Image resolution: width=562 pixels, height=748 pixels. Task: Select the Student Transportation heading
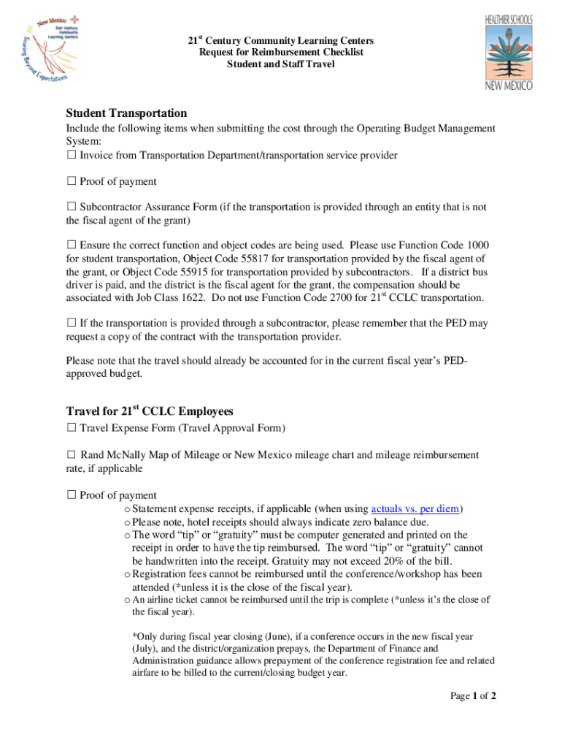tap(126, 113)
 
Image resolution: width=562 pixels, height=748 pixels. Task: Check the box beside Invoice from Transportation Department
tap(72, 155)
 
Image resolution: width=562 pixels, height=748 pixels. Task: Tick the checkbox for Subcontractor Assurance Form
tap(72, 207)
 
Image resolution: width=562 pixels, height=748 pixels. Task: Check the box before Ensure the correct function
tap(72, 245)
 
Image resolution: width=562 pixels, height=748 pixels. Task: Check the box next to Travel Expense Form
tap(72, 428)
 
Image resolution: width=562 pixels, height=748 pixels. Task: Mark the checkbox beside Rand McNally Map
tap(72, 455)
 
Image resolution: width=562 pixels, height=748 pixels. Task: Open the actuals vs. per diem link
tap(417, 508)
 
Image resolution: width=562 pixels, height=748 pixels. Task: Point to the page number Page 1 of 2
tap(473, 696)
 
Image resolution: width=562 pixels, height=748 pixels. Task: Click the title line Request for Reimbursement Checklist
tap(281, 53)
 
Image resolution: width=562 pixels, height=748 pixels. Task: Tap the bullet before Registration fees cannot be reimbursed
tap(127, 574)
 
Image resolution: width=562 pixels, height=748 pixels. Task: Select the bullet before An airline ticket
tap(127, 600)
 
